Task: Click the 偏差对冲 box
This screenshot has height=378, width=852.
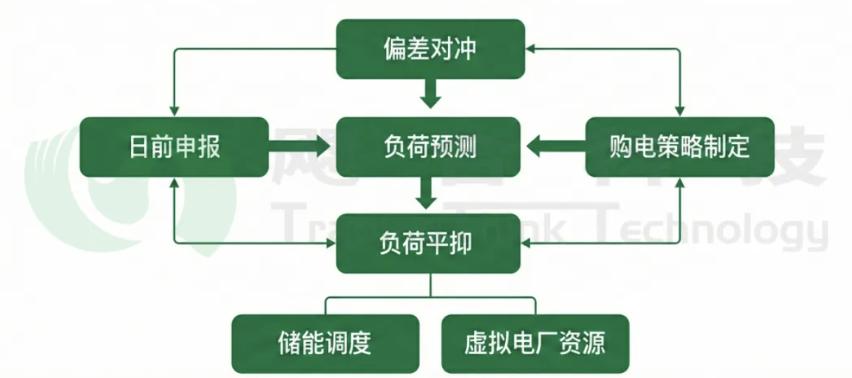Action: (430, 49)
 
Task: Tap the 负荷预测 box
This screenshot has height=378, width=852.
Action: (430, 147)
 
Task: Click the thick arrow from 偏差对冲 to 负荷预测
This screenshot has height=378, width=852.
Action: (431, 93)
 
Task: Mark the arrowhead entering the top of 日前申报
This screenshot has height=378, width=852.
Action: (174, 111)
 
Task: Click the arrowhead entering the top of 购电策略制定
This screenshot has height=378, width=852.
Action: (679, 111)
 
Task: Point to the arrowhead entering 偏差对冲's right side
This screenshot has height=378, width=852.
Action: (531, 49)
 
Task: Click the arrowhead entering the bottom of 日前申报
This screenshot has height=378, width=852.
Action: (174, 182)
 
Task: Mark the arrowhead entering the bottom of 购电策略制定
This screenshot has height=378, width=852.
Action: (679, 182)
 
